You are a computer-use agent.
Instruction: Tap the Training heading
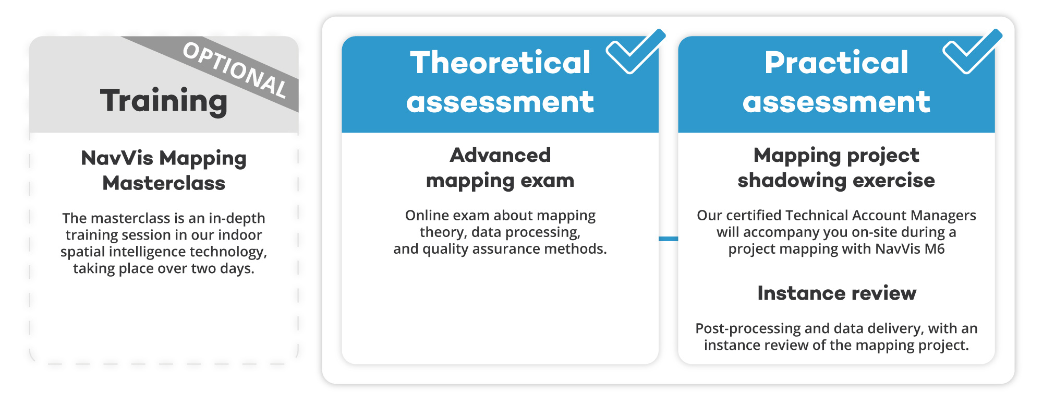pyautogui.click(x=164, y=101)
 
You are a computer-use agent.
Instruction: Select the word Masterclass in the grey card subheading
pyautogui.click(x=164, y=183)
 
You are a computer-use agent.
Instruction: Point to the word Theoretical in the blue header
pyautogui.click(x=500, y=63)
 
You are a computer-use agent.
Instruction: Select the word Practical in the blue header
pyautogui.click(x=836, y=63)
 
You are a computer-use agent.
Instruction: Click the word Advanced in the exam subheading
pyautogui.click(x=500, y=155)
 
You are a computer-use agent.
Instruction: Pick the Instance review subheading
pyautogui.click(x=836, y=293)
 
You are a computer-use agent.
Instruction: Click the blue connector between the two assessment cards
pyautogui.click(x=669, y=239)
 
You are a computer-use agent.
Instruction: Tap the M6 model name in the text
pyautogui.click(x=935, y=249)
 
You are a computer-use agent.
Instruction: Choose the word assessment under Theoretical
pyautogui.click(x=500, y=102)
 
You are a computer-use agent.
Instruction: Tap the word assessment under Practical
pyautogui.click(x=836, y=102)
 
